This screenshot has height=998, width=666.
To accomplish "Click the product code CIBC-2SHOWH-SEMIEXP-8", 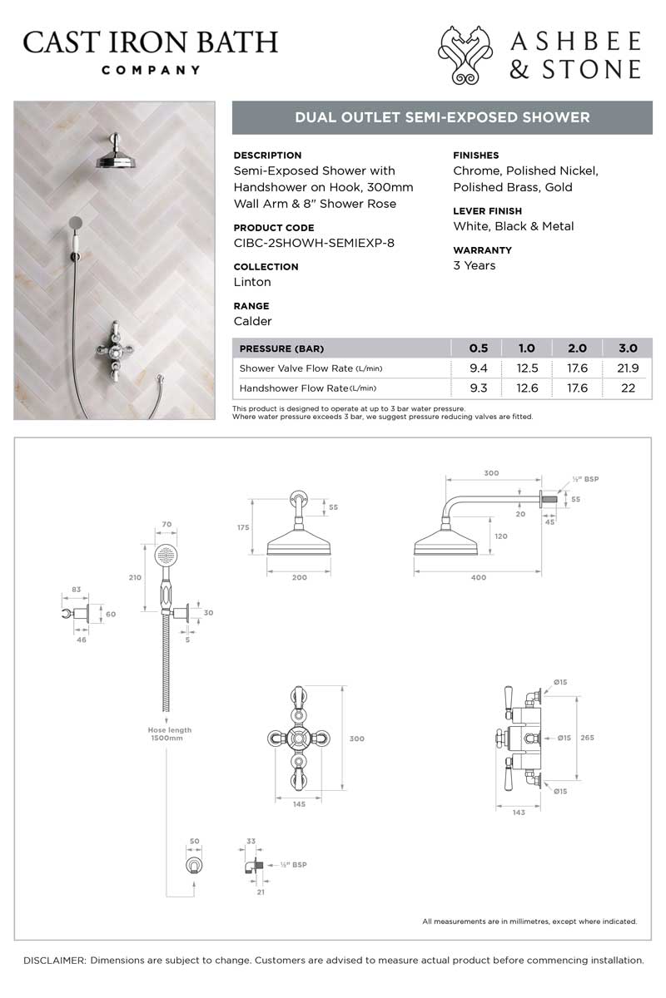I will pos(316,243).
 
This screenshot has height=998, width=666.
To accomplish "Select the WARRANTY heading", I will pos(483,250).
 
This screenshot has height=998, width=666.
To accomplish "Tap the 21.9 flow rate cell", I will pos(628,368).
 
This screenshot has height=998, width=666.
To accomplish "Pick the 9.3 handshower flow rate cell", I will pos(479,388).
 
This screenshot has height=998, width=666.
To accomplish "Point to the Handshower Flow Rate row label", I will pos(307,388).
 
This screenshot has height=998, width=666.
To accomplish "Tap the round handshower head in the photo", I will pos(76,222).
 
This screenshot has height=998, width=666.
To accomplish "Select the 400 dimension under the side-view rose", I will pos(478,578).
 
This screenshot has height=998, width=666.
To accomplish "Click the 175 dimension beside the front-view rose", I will pos(243,527).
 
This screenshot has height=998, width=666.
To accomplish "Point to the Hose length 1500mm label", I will pos(166,734).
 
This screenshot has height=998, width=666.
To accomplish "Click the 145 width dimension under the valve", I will pos(299,803).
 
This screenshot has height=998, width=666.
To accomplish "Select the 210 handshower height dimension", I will pos(136,577).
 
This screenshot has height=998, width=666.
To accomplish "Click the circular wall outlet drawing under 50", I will pos(193,865).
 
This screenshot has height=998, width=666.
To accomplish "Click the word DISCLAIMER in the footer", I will pos(54,960).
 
